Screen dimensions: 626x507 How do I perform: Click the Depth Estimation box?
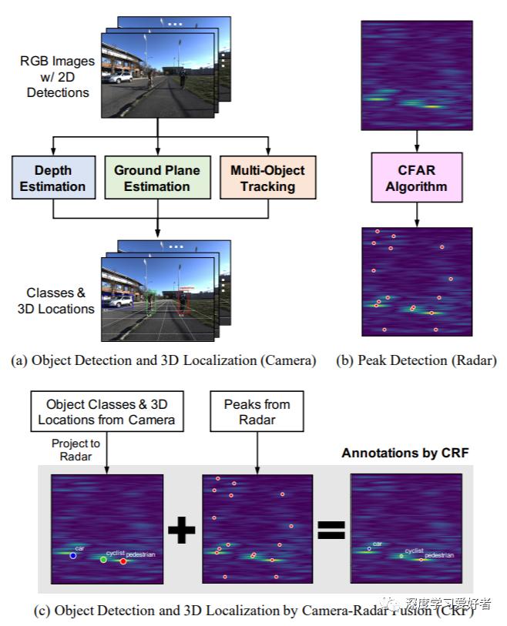click(x=53, y=177)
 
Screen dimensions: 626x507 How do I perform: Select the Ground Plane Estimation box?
click(x=157, y=177)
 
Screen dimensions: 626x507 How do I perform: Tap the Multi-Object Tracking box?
click(x=267, y=177)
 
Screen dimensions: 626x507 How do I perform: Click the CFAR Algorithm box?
click(x=417, y=177)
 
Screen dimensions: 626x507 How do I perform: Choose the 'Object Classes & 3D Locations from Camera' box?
click(x=107, y=413)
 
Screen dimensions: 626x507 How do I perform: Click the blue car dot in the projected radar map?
click(x=72, y=555)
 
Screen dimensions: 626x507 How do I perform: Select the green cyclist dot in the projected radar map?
click(x=103, y=560)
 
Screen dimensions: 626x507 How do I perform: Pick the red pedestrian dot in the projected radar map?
click(x=123, y=561)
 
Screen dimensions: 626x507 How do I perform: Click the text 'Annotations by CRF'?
click(x=405, y=453)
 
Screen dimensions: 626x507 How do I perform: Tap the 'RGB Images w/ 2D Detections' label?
click(x=58, y=77)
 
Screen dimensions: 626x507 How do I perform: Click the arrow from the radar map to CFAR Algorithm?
click(x=417, y=140)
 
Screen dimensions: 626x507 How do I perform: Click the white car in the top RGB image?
click(x=120, y=78)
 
